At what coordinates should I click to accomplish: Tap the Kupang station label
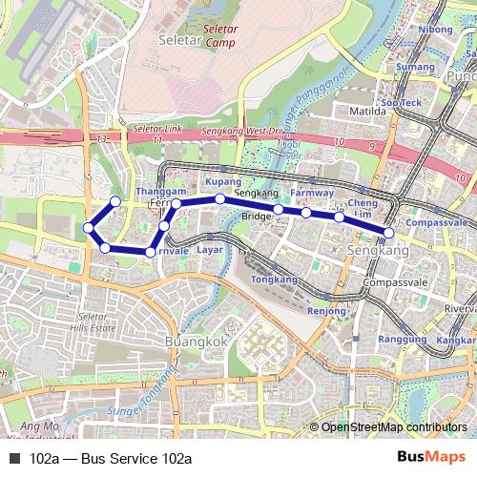(223, 180)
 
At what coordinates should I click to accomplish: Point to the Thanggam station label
(160, 192)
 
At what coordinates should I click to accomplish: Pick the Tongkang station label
(274, 279)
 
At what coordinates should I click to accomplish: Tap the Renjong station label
(327, 311)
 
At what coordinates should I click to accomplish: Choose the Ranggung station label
(402, 339)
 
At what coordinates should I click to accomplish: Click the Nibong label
(435, 30)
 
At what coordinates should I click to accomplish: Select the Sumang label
(415, 67)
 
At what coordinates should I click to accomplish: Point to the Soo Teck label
(401, 102)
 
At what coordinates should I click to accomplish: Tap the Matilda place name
(369, 111)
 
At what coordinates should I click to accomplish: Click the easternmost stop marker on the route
(389, 232)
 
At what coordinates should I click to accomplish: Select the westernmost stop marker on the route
(87, 227)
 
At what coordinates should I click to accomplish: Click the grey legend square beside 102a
(13, 459)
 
